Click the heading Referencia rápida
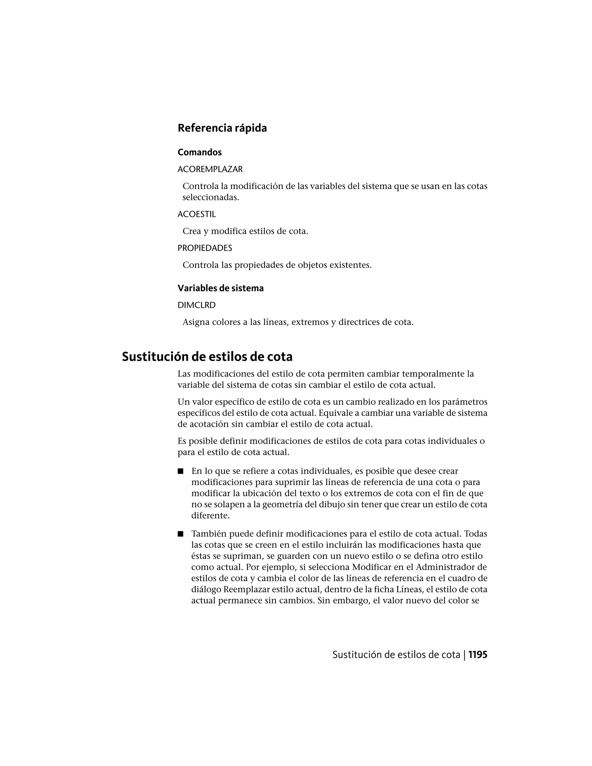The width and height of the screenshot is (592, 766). pyautogui.click(x=222, y=128)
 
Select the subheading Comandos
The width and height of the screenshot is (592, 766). pyautogui.click(x=199, y=152)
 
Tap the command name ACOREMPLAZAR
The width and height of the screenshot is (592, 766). pyautogui.click(x=210, y=169)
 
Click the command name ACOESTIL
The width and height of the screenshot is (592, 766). pyautogui.click(x=197, y=214)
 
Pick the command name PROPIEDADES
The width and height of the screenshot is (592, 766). pyautogui.click(x=205, y=248)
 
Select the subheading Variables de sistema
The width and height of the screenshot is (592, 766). pyautogui.click(x=221, y=288)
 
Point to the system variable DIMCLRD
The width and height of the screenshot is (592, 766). pyautogui.click(x=196, y=306)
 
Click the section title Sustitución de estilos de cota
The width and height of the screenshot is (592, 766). pyautogui.click(x=207, y=357)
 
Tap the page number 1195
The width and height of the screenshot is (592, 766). pyautogui.click(x=478, y=655)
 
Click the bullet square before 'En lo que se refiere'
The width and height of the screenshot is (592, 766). pyautogui.click(x=181, y=471)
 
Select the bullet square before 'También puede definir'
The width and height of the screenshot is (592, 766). pyautogui.click(x=181, y=534)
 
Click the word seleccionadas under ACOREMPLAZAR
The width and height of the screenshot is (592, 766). pyautogui.click(x=210, y=197)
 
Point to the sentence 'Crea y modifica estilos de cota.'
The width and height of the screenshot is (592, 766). pyautogui.click(x=245, y=232)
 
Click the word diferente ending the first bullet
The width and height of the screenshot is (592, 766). pyautogui.click(x=210, y=516)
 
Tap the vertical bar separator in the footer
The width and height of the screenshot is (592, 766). pyautogui.click(x=464, y=655)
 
